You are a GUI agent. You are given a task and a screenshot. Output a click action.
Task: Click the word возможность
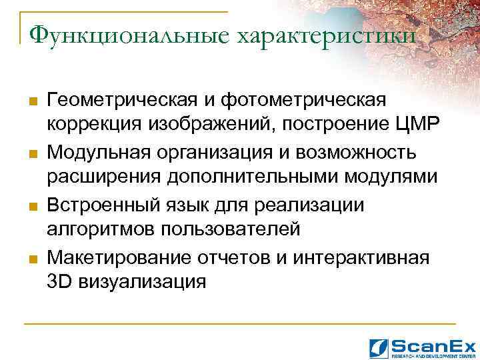363,152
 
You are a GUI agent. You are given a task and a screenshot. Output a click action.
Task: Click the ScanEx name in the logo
433,345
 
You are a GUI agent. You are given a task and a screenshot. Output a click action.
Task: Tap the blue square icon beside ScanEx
378,346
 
